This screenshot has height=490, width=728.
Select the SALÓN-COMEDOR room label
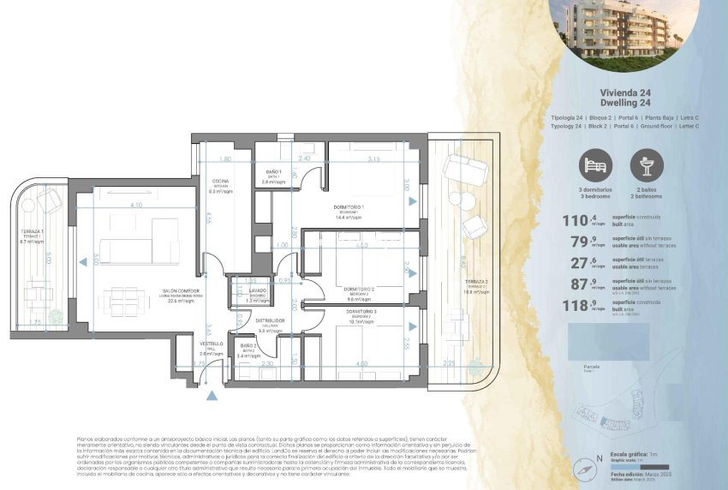click(182, 292)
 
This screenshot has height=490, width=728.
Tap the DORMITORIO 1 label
click(349, 208)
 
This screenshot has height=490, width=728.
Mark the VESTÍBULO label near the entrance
click(211, 344)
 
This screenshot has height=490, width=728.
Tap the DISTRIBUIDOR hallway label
click(271, 320)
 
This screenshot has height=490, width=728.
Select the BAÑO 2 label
click(248, 346)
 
